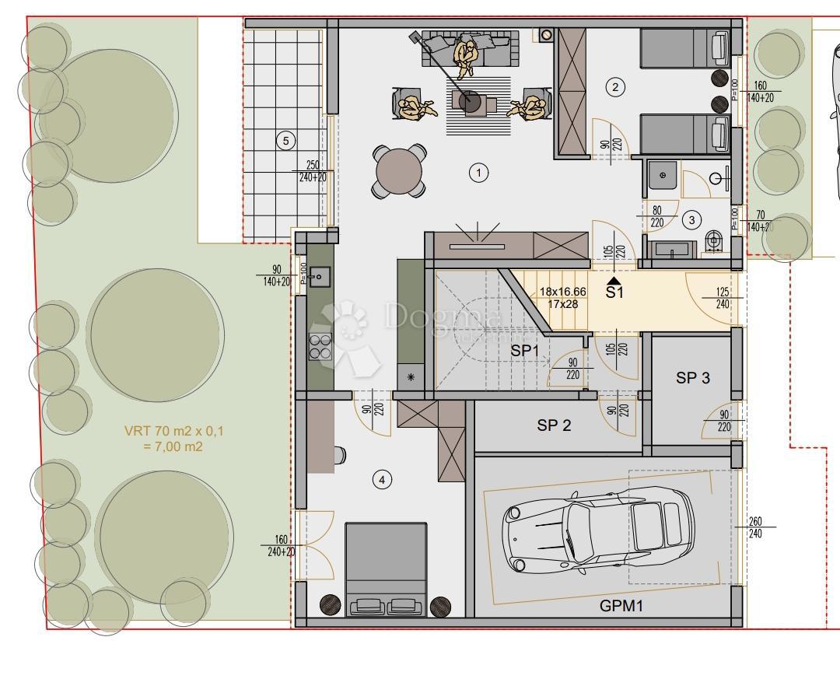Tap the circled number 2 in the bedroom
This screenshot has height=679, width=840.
coord(615,87)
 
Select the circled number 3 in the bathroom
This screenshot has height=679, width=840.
coord(691,220)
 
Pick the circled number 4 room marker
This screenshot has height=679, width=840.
coord(381,480)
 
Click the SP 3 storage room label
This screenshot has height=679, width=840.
coord(692,379)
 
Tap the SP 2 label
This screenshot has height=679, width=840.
coord(554,425)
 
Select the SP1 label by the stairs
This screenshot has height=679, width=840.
coord(525,352)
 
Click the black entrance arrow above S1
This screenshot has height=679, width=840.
coord(614,281)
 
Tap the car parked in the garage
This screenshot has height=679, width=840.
coord(599,530)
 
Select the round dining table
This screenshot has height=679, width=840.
coord(400,171)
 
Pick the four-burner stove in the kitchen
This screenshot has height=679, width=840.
coord(320,345)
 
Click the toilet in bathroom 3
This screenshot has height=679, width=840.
coord(713,242)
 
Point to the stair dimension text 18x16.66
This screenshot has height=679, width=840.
coord(563,292)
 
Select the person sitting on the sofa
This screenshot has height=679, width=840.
coord(467,57)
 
